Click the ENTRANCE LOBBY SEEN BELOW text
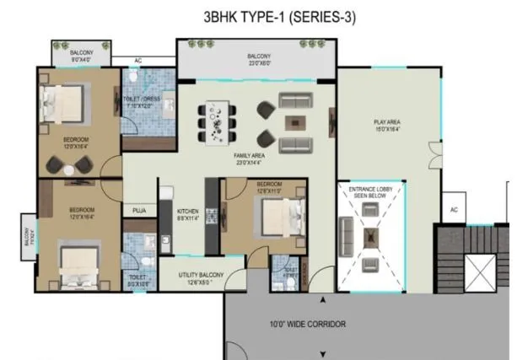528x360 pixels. (x=371, y=194)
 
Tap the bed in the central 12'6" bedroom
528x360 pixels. (x=284, y=217)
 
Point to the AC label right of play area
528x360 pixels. (x=453, y=209)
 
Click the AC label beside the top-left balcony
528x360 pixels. (x=138, y=61)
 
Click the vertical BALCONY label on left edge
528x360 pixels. (x=29, y=233)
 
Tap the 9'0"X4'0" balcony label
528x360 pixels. (x=82, y=57)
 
